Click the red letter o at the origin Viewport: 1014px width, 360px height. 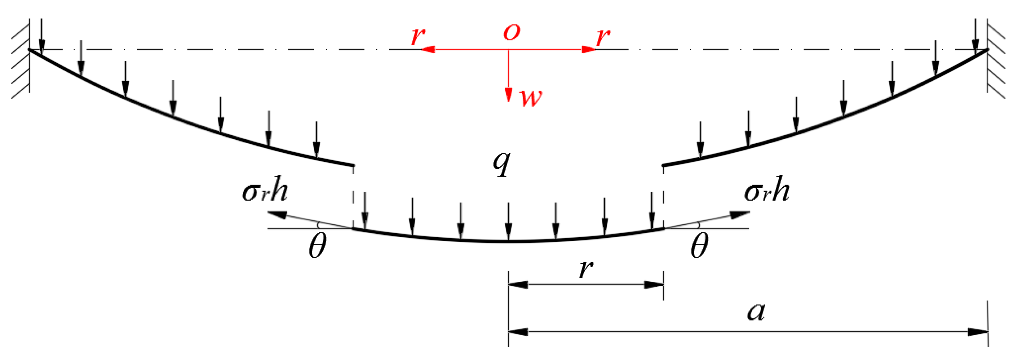point(511,32)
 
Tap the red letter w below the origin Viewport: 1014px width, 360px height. point(530,97)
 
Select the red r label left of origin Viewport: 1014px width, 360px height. point(417,37)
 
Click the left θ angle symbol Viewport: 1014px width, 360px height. point(317,246)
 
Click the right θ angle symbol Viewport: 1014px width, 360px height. point(699,246)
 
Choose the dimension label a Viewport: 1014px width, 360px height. point(756,312)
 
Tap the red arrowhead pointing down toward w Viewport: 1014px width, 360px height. point(508,94)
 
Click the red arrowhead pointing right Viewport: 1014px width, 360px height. point(589,50)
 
